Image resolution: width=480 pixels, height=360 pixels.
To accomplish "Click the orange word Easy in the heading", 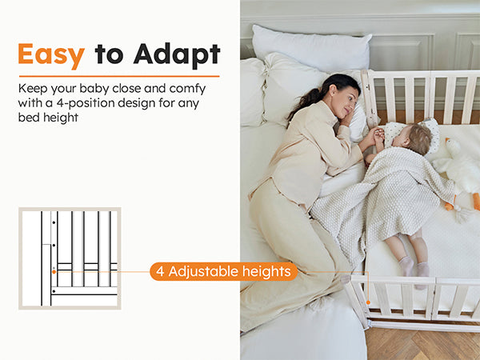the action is point(51,54).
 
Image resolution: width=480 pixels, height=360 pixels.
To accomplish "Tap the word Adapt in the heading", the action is point(177,54).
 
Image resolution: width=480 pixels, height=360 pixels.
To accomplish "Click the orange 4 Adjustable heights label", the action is point(223,271).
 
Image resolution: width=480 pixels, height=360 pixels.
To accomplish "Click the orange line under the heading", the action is point(119,76).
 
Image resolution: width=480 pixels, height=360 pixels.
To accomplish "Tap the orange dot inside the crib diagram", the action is point(54,272).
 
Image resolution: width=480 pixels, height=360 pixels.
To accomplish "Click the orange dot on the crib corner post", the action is point(368,302).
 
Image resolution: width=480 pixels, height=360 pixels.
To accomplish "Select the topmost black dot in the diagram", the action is point(54,222).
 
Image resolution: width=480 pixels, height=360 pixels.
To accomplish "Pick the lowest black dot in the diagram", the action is point(54,291).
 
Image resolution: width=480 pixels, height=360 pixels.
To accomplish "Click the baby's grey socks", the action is point(414,267).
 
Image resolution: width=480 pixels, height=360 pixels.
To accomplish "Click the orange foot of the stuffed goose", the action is point(476,201).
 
